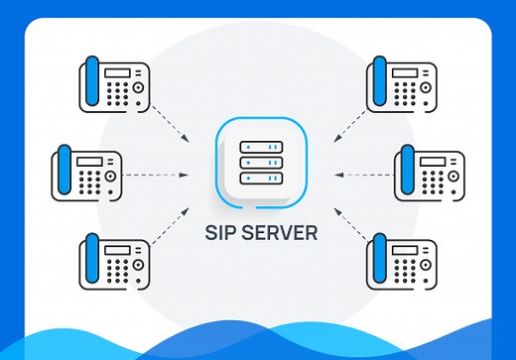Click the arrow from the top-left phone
point(175,114)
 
